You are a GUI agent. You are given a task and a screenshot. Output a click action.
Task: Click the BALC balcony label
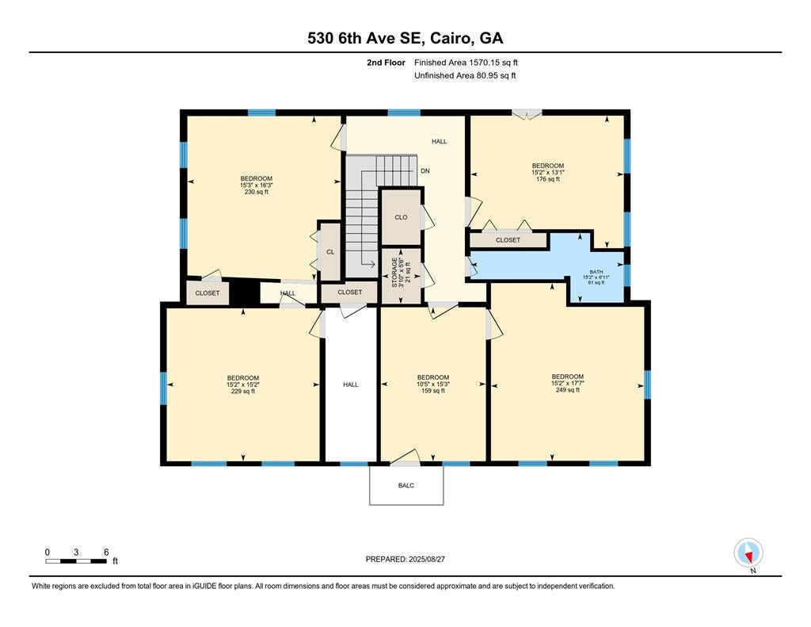tap(406, 485)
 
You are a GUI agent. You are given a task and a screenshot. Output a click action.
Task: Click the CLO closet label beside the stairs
tap(401, 217)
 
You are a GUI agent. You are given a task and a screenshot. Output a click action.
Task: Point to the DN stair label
tap(425, 171)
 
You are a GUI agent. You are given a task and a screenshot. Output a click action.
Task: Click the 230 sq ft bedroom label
tap(257, 185)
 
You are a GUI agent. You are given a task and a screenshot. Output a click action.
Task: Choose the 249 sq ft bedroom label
tap(567, 383)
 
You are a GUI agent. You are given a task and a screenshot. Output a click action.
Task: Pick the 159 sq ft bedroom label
tap(432, 384)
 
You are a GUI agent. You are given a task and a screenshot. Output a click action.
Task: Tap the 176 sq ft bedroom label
tap(547, 172)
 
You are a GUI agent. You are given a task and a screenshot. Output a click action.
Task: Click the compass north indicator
tap(748, 552)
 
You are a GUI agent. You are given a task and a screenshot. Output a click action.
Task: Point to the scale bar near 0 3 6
tap(76, 561)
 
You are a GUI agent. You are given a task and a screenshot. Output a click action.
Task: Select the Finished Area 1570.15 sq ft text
tap(466, 62)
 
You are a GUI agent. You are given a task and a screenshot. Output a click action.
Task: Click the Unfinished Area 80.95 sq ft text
tap(465, 76)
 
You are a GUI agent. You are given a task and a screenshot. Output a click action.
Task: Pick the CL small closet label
tap(329, 252)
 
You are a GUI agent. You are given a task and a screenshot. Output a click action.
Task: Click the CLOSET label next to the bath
tap(508, 240)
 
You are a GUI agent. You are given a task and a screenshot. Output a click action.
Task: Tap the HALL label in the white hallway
tap(350, 384)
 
